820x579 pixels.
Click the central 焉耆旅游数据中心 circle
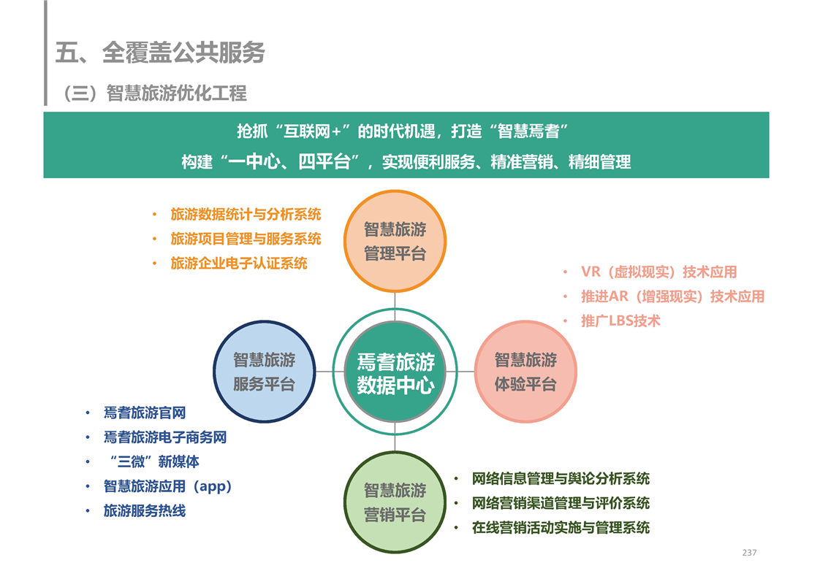point(395,372)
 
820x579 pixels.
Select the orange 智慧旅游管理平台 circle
point(395,241)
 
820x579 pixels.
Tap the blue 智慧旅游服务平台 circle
point(264,372)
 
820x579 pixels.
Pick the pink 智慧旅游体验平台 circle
point(525,372)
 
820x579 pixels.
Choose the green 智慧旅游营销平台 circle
point(395,502)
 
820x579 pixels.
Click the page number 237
point(749,552)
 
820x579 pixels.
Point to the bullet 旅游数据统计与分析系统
point(246,214)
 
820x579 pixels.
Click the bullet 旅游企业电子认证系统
point(239,264)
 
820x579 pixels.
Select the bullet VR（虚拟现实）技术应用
point(659,272)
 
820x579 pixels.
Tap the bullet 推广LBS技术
point(620,321)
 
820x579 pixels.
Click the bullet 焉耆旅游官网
point(145,413)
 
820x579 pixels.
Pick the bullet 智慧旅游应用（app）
point(168,486)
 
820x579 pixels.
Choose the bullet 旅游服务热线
point(145,510)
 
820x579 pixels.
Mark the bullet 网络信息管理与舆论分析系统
point(561,479)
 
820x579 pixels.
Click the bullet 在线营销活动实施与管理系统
point(561,528)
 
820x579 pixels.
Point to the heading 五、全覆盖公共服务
point(161,53)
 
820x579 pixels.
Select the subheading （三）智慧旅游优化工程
point(155,93)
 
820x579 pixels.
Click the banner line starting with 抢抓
point(403,131)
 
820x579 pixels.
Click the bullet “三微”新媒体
point(153,462)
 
